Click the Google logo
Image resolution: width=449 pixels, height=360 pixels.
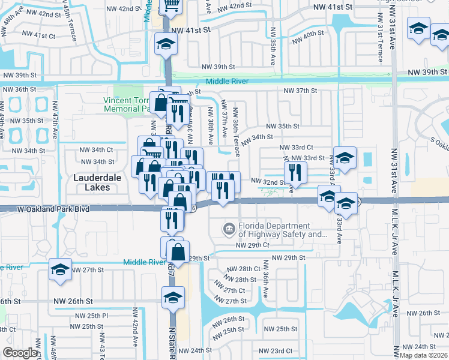[20, 353]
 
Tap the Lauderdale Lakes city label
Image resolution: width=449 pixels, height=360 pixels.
[92, 182]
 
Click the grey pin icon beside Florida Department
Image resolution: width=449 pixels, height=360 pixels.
[229, 229]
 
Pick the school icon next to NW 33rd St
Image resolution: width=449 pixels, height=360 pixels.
[345, 158]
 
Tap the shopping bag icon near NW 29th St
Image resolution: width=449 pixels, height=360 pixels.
[178, 251]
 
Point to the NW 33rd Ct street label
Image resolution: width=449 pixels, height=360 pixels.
[296, 147]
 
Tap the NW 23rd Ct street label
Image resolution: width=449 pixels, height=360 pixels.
[275, 351]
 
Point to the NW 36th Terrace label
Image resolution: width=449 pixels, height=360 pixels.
[236, 132]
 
